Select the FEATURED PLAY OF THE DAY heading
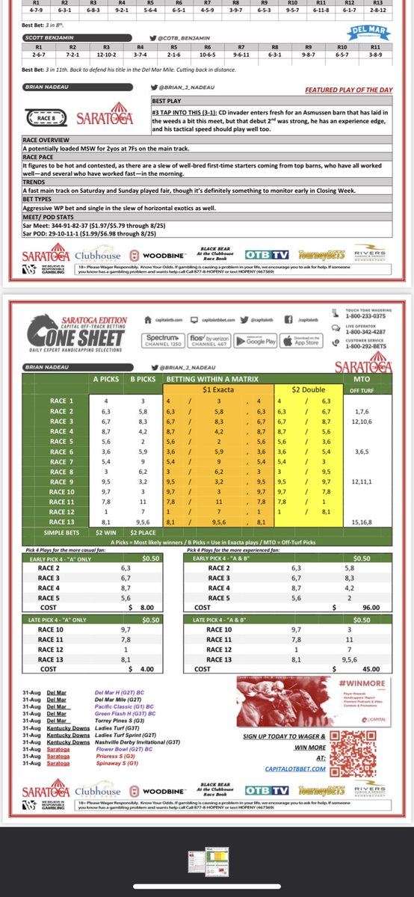click(x=349, y=89)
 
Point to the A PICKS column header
click(x=105, y=379)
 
